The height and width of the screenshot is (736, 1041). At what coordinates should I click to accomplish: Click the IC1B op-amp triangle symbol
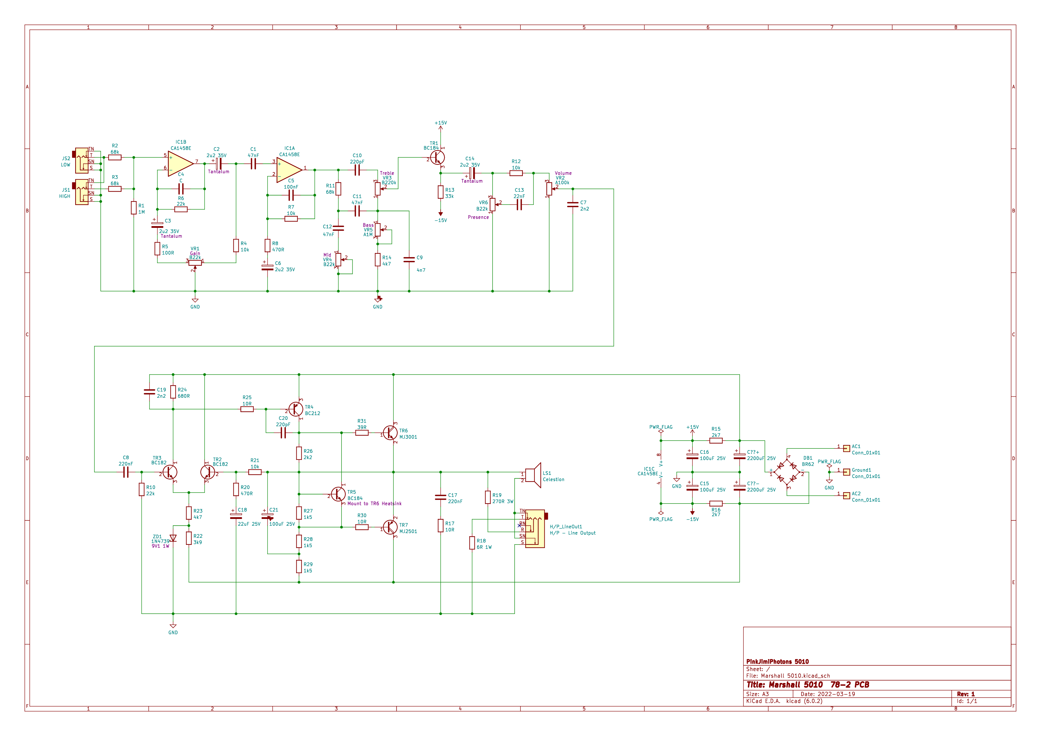(x=180, y=164)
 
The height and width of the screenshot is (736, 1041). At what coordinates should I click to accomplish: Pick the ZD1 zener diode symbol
(x=173, y=538)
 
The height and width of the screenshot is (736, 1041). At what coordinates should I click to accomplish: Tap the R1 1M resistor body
(x=134, y=208)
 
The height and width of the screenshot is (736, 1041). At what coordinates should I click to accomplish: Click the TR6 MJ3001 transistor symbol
(x=389, y=433)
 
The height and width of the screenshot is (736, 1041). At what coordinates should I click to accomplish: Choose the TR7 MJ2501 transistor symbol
(x=389, y=527)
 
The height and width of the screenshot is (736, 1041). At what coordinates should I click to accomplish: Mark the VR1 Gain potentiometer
(x=195, y=263)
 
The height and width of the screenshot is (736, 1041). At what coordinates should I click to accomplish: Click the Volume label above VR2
(x=563, y=173)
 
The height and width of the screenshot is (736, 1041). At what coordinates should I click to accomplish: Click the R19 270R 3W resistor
(x=488, y=497)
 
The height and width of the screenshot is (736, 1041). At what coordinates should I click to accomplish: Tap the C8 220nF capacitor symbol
(x=126, y=472)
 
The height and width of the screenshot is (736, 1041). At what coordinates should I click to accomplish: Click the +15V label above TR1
(x=441, y=123)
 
